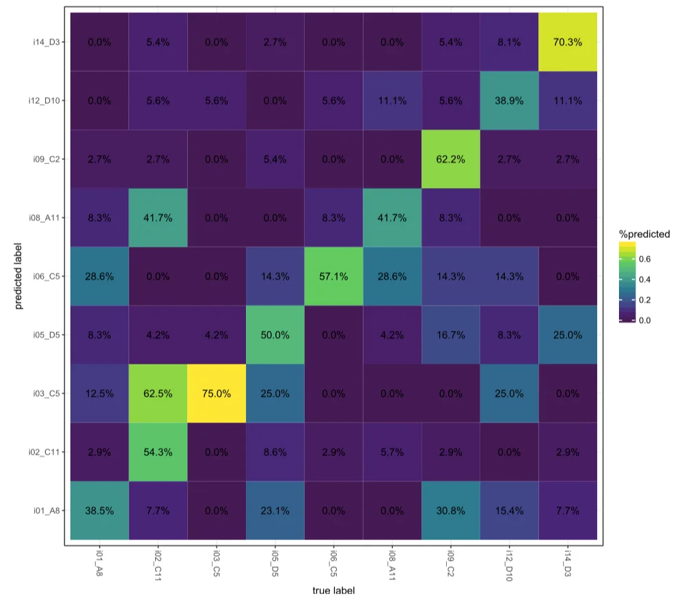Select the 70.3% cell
click(x=568, y=42)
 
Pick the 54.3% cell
click(x=159, y=451)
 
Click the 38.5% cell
click(x=100, y=510)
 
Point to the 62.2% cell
click(x=451, y=159)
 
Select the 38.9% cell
click(x=509, y=100)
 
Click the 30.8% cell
click(x=451, y=510)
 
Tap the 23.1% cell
click(x=275, y=510)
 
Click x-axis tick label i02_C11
click(x=159, y=565)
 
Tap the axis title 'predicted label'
click(x=22, y=276)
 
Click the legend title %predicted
click(x=644, y=234)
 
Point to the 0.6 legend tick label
click(x=645, y=259)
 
